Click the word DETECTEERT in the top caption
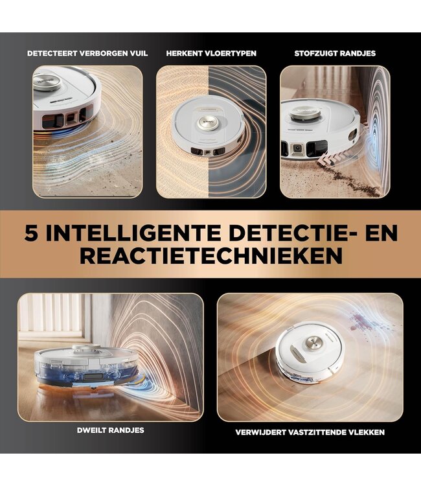pos(50,53)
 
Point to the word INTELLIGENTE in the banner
pos(128,233)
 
